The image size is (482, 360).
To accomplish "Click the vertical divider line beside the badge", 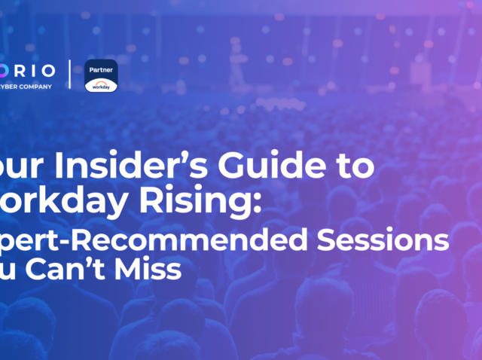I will (x=70, y=74).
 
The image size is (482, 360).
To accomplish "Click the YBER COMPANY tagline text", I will (x=27, y=86).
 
